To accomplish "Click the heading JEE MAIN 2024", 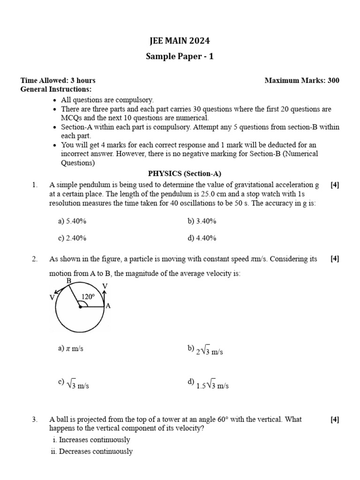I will (180, 41).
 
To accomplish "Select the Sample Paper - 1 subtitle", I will (180, 57).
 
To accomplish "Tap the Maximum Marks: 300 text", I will (302, 80).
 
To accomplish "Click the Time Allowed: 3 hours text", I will (58, 80).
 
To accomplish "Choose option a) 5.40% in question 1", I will (72, 221).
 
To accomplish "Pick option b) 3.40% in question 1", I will (202, 221).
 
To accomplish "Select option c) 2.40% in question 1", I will (72, 238).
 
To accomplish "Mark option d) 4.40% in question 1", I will (202, 238).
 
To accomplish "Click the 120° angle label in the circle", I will (88, 297).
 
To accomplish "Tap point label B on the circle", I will (68, 281).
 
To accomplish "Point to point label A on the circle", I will (108, 306).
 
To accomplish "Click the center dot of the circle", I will (80, 307).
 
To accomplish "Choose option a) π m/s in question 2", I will (71, 349).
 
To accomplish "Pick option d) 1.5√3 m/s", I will (208, 385).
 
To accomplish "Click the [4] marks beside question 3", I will (335, 420).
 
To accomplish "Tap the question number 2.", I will (35, 259).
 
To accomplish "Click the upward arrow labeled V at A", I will (104, 295).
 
